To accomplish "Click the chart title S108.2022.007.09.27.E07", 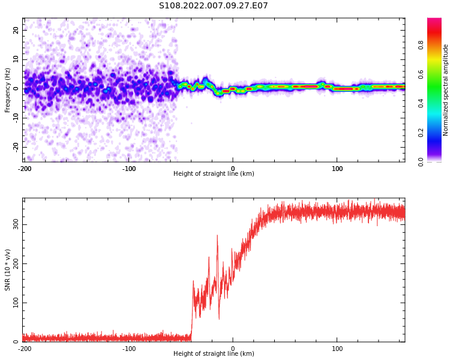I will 213,6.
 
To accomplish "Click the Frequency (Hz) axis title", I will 8,89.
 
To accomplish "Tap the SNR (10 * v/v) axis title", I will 8,269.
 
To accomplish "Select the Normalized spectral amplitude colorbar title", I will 446,89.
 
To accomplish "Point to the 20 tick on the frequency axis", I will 16,30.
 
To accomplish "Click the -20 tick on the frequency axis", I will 15,147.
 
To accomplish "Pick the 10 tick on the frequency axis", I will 16,59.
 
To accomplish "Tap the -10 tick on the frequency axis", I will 15,118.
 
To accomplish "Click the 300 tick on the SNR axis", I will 15,224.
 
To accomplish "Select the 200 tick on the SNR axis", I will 15,263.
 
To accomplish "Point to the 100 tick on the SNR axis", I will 15,303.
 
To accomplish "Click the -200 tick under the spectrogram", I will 24,169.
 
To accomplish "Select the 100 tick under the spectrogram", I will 337,169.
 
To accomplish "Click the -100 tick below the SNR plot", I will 128,349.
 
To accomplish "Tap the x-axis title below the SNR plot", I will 214,354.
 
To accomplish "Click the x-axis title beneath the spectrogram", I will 214,174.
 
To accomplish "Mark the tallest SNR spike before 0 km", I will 217,236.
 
